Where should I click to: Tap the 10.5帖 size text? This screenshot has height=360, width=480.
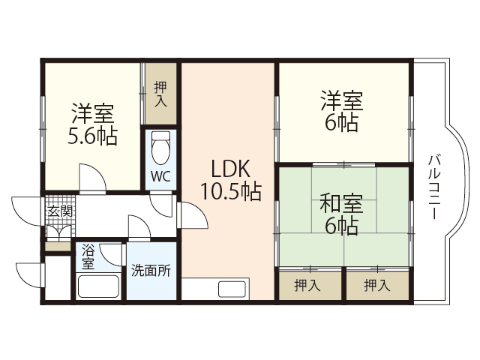[x=230, y=193]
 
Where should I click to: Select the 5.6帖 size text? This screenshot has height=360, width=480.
[x=92, y=137]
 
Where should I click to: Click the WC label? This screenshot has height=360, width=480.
[x=160, y=178]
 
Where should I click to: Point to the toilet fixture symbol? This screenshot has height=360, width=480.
[x=160, y=148]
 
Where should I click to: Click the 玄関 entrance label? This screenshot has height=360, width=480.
[x=60, y=211]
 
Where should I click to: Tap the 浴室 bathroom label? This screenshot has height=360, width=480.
[x=88, y=256]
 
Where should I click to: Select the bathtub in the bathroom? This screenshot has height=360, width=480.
[x=98, y=287]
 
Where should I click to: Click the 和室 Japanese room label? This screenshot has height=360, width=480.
[x=341, y=202]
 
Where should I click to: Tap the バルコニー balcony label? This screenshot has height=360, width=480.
[x=433, y=187]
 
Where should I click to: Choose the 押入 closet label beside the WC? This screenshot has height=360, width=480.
[x=160, y=94]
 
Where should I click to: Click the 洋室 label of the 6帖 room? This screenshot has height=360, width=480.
[x=342, y=99]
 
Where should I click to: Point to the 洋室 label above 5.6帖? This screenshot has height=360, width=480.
[x=92, y=114]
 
